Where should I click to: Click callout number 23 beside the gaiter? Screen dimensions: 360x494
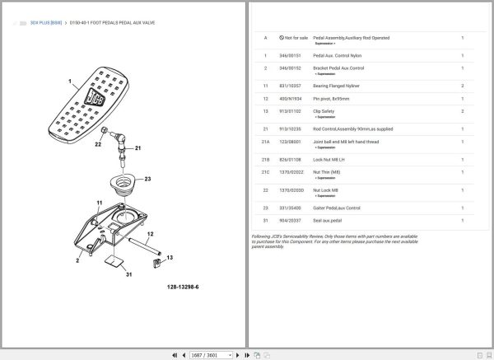pyautogui.click(x=148, y=178)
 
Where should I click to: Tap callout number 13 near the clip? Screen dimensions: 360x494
pyautogui.click(x=170, y=258)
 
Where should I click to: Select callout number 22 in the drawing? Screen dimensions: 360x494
pyautogui.click(x=97, y=144)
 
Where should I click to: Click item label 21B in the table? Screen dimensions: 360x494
pyautogui.click(x=265, y=159)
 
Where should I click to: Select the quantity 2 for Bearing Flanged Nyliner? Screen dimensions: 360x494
pyautogui.click(x=462, y=86)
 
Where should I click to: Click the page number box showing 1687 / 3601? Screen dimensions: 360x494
pyautogui.click(x=207, y=355)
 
